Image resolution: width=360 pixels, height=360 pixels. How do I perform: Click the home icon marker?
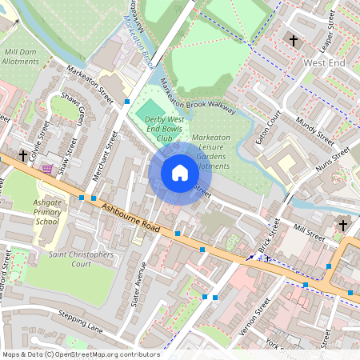coord(179,173)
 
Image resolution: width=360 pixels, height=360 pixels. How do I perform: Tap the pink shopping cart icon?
coord(48,169)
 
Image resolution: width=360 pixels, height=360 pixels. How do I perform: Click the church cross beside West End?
coord(294,39)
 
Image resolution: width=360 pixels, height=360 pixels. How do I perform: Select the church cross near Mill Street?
coord(343,226)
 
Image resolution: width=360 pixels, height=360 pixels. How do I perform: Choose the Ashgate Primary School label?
coord(46,213)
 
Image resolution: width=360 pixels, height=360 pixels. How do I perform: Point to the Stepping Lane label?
coord(81,321)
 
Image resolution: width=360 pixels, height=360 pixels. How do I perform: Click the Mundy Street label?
coord(315,129)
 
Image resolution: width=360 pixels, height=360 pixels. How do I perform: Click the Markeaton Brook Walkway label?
coord(198,94)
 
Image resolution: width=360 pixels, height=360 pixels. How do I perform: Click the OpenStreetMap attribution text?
coord(81,354)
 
